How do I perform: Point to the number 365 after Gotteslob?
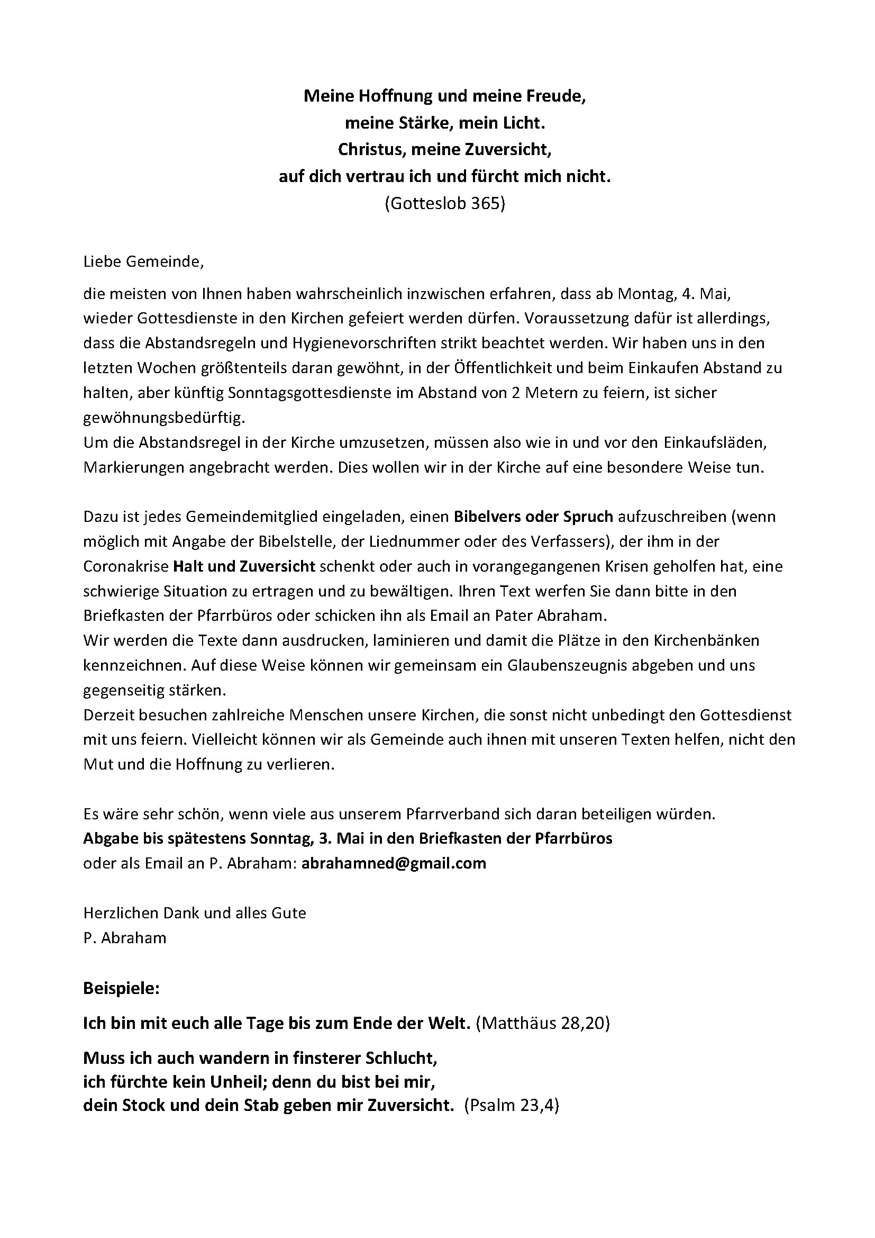487,203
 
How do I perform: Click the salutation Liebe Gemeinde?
143,262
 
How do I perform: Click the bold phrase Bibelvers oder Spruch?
533,517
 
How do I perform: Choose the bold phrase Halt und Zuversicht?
244,566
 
